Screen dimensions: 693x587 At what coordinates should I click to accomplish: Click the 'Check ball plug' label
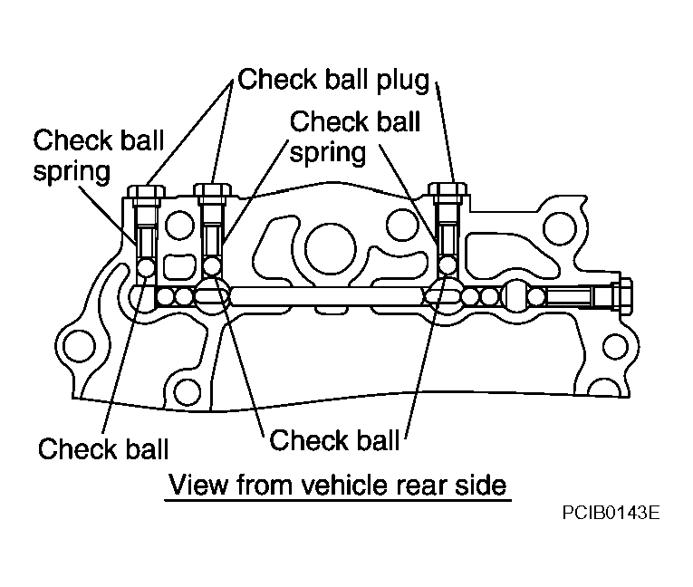click(x=333, y=80)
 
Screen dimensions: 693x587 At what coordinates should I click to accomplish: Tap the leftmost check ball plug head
click(x=146, y=191)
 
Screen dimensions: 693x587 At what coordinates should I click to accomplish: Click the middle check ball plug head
click(x=213, y=190)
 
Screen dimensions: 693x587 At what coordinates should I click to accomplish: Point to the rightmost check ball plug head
click(x=448, y=189)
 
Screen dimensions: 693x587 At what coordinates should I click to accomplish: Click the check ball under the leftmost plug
click(x=146, y=267)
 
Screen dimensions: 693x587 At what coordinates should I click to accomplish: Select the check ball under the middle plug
click(x=213, y=266)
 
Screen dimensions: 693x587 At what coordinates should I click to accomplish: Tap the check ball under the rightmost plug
click(x=448, y=265)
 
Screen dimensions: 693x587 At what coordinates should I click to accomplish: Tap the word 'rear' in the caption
click(x=421, y=487)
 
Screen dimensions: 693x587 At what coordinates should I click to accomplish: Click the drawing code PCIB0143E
click(x=611, y=513)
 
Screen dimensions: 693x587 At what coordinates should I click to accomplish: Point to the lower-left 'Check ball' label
click(x=103, y=448)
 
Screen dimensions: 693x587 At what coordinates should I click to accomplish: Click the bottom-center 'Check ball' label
click(x=334, y=440)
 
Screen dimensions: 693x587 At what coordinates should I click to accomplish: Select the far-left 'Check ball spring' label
click(x=98, y=155)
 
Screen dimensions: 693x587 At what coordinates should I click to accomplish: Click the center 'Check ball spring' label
click(x=355, y=137)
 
